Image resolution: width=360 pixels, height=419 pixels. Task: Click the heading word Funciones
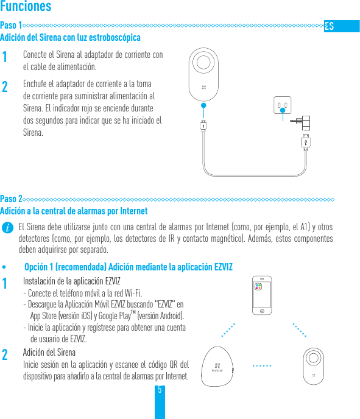click(x=26, y=7)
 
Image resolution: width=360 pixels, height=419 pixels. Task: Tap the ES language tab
click(x=330, y=26)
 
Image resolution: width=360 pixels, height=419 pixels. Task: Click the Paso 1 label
click(x=11, y=26)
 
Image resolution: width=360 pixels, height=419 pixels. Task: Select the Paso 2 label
click(x=11, y=199)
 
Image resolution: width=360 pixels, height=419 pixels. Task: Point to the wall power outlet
click(x=281, y=106)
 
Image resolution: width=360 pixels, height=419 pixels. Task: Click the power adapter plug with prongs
click(x=303, y=121)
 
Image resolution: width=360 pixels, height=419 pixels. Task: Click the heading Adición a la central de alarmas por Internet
click(x=74, y=211)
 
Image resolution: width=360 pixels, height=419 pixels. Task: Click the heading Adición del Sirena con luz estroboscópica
click(x=70, y=38)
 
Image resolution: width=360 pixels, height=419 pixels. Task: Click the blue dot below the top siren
click(x=203, y=105)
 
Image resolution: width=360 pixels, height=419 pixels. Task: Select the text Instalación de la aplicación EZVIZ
click(x=71, y=281)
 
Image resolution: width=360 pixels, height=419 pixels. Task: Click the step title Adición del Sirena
click(x=49, y=353)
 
